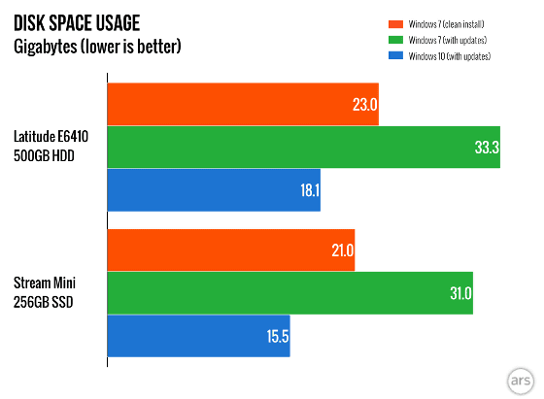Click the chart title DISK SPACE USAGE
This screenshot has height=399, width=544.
tap(77, 23)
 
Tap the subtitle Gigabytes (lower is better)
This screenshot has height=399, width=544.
tap(97, 47)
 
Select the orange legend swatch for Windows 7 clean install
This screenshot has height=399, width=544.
tap(395, 24)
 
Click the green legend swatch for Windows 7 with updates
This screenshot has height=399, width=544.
tap(395, 40)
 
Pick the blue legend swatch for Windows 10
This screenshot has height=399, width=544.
tap(395, 55)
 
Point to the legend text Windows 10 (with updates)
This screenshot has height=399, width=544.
tap(449, 56)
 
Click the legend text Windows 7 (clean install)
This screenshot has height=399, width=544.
tap(446, 24)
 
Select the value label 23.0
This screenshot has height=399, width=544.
tap(364, 104)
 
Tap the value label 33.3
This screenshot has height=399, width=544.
tap(487, 148)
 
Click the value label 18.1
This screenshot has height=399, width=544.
tap(310, 190)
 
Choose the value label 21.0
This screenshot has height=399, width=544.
tap(342, 250)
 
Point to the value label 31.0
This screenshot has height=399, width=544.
tap(460, 293)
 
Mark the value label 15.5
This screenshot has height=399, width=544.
tap(278, 336)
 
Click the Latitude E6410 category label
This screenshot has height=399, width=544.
tap(51, 137)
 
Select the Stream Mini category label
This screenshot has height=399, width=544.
tap(45, 283)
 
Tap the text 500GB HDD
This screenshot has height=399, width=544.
tap(44, 156)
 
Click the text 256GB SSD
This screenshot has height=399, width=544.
tap(44, 302)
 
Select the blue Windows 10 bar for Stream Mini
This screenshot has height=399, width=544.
tap(198, 336)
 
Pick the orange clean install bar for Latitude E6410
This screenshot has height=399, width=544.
tap(243, 104)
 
